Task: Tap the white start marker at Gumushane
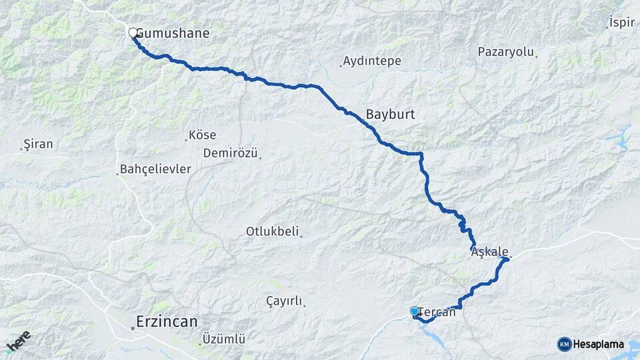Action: (x=133, y=32)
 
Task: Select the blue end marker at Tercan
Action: (x=415, y=311)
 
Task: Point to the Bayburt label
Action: (x=390, y=115)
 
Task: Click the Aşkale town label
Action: (x=490, y=253)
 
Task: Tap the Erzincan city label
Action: (x=167, y=322)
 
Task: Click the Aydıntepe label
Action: (x=372, y=61)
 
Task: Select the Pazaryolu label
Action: (x=506, y=52)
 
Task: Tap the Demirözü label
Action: (x=231, y=153)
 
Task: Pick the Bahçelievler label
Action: (x=155, y=169)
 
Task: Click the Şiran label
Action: (x=38, y=144)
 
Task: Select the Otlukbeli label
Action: (x=272, y=232)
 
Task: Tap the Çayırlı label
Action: (x=285, y=301)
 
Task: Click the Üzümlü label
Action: (x=223, y=339)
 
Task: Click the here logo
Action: (x=18, y=342)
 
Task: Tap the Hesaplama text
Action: (x=599, y=345)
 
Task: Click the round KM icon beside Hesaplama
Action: (x=565, y=345)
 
